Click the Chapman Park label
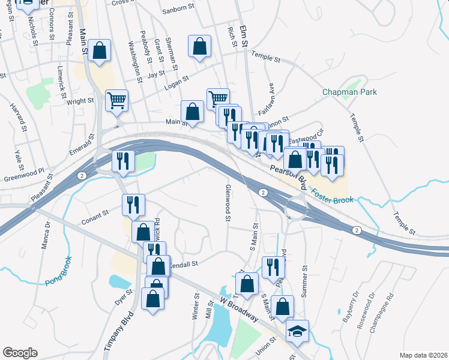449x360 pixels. (349, 92)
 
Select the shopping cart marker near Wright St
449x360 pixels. (116, 100)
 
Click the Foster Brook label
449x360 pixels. (332, 196)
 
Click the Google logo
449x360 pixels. (20, 353)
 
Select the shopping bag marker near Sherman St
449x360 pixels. (199, 46)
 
